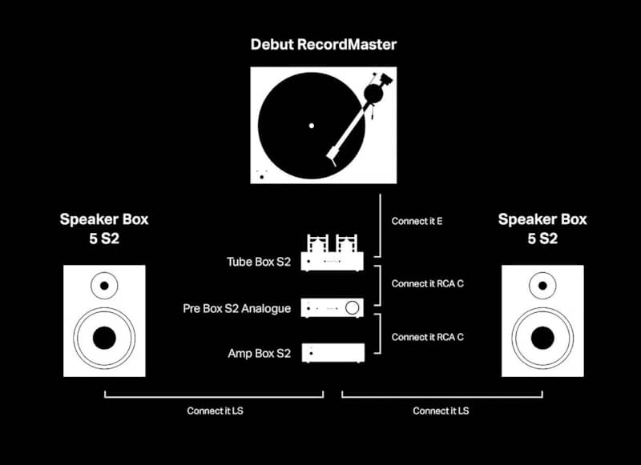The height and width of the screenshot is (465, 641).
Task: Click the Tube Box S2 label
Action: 259,262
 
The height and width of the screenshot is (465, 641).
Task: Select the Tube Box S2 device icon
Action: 332,253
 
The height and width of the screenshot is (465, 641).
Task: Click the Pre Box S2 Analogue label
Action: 236,308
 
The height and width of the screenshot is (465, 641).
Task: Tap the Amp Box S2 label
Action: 260,353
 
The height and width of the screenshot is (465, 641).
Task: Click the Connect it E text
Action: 417,222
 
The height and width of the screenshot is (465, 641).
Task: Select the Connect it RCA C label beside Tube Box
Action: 427,284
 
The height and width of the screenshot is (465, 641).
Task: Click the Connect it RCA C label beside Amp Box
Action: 427,337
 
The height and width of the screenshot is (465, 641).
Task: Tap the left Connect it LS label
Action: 215,411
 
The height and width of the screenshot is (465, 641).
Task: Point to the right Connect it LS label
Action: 441,411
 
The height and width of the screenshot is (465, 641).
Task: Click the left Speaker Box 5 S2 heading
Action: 104,229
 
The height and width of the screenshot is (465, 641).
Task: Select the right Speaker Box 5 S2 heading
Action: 542,229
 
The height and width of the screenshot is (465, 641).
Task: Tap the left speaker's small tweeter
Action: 104,283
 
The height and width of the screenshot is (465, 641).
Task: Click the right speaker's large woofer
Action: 542,337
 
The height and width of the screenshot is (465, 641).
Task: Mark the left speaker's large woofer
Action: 104,337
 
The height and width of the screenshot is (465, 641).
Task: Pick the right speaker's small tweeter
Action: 542,283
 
